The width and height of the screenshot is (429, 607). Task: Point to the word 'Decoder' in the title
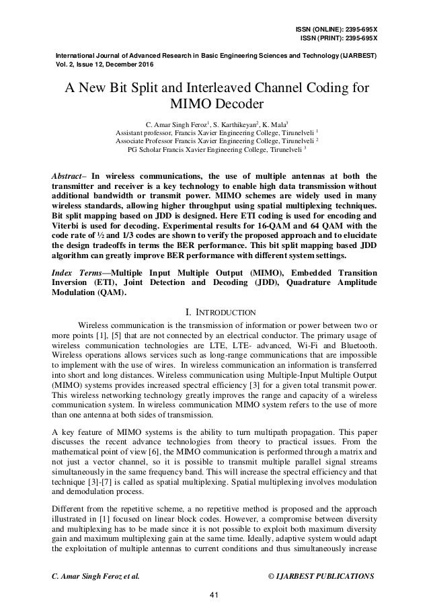coord(242,106)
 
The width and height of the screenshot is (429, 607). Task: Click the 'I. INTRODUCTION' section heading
coord(214,311)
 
